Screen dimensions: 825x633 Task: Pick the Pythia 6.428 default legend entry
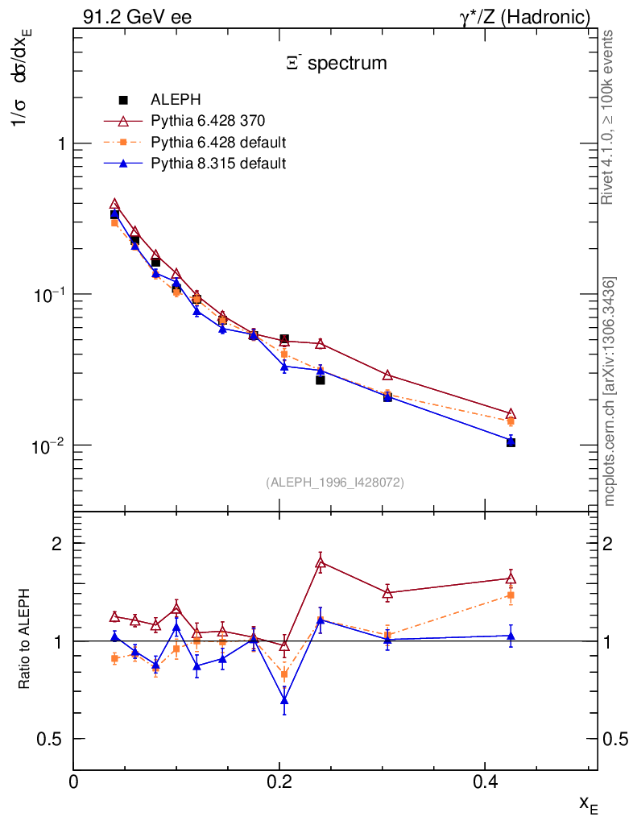(218, 143)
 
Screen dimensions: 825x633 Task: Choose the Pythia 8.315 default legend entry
(218, 164)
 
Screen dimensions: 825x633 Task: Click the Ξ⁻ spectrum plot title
(337, 63)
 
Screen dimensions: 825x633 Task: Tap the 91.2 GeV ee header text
(137, 17)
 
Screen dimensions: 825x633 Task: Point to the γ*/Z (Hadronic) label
(525, 17)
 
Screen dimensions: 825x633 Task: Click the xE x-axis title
(588, 803)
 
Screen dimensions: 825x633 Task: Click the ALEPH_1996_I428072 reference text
(335, 482)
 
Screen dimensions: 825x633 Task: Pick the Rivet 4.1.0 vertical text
(608, 117)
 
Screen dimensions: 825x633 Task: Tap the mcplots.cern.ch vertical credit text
(610, 391)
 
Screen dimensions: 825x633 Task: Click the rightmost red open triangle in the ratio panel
(511, 578)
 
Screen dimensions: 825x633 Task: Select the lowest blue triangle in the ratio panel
(284, 700)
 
